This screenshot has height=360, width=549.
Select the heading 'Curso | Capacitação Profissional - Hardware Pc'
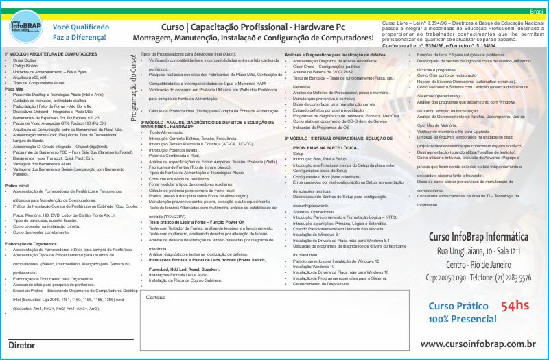point(253,27)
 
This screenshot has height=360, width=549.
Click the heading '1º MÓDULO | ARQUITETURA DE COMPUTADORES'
point(51,53)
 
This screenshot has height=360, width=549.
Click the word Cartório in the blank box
point(156,297)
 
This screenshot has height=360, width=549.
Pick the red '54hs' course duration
point(515,306)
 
